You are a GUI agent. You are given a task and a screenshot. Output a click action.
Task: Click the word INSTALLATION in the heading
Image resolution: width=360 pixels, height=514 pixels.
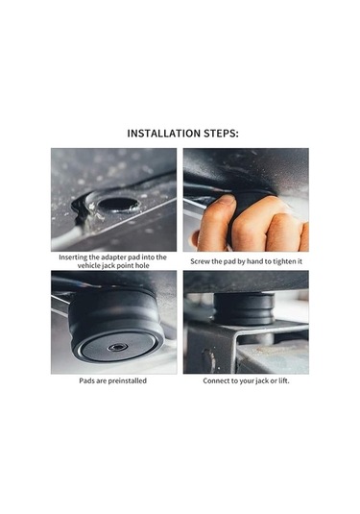click(x=164, y=134)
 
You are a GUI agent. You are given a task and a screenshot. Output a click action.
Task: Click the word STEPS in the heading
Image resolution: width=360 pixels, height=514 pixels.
click(x=220, y=134)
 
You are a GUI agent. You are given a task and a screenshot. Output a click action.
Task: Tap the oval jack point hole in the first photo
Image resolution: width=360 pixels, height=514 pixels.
click(x=118, y=205)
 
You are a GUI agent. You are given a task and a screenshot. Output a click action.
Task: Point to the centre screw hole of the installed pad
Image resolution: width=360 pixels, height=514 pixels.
click(x=118, y=347)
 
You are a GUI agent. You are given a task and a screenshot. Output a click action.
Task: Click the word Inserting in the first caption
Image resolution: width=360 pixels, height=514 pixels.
click(x=73, y=257)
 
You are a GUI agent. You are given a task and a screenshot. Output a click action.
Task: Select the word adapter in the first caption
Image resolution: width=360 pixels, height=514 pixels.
click(x=112, y=257)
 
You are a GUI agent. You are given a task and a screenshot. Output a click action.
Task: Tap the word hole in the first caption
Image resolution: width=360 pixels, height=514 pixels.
click(x=142, y=265)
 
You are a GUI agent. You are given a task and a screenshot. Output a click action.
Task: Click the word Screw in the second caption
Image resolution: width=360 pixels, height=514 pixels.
click(x=200, y=261)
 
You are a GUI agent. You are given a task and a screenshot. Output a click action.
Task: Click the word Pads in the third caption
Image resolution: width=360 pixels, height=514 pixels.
click(x=86, y=380)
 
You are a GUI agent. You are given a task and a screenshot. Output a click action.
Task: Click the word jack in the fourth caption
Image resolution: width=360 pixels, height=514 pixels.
click(x=261, y=381)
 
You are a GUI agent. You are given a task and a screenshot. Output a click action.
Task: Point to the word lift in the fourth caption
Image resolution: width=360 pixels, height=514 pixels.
click(x=283, y=380)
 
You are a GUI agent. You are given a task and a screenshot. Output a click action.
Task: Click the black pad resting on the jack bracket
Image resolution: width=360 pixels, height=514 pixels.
click(x=244, y=308)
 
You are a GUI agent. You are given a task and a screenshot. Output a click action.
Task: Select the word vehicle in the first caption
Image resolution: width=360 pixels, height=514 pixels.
click(x=88, y=265)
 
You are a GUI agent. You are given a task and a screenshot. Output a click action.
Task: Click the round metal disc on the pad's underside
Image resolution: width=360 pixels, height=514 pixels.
click(x=118, y=347)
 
